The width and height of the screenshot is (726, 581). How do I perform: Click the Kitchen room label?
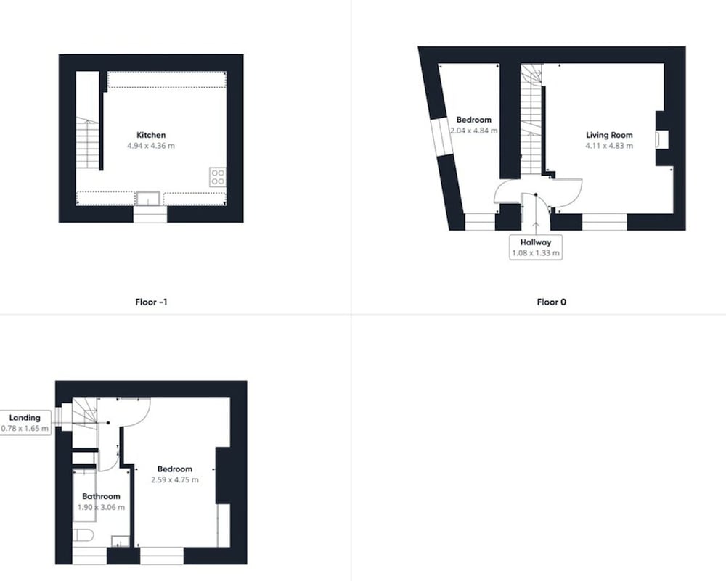click(x=151, y=135)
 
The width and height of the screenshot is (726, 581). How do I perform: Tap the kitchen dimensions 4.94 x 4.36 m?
click(x=151, y=146)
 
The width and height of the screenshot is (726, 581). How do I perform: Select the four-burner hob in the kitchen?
click(x=218, y=177)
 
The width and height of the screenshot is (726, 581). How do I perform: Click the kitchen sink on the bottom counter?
click(x=148, y=199)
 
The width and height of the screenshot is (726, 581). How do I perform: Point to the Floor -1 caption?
click(x=151, y=302)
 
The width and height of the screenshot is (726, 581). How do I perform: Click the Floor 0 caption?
click(x=552, y=302)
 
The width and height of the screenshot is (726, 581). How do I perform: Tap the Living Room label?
click(x=609, y=135)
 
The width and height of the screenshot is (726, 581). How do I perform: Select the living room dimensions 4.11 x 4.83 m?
click(x=609, y=146)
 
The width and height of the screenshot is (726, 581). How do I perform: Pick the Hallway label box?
click(x=536, y=247)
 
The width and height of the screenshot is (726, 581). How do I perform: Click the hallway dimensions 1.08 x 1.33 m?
click(x=536, y=253)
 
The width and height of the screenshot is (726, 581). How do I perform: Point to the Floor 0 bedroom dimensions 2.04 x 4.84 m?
click(x=473, y=131)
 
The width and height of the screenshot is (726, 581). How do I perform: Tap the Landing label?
click(x=25, y=418)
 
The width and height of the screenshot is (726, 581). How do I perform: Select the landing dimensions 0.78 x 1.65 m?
click(x=25, y=429)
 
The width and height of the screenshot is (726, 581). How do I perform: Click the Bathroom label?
click(x=101, y=496)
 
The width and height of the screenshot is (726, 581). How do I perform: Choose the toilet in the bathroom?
click(x=83, y=536)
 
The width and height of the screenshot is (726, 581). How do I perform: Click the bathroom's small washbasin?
click(x=121, y=541)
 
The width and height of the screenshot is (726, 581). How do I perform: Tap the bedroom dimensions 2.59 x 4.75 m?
click(x=174, y=479)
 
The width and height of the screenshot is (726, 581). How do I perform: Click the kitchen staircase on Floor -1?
click(x=87, y=144)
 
